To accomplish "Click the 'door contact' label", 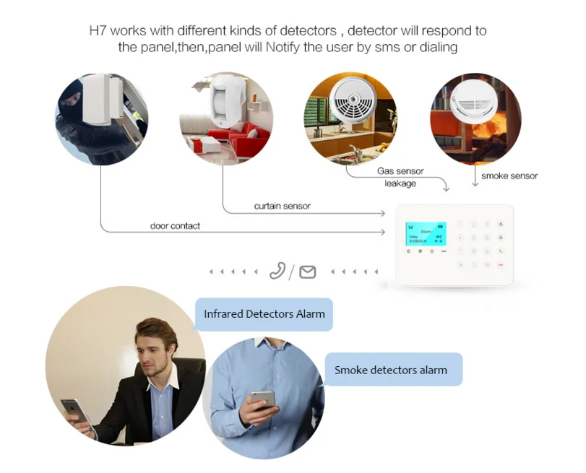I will click(175, 226).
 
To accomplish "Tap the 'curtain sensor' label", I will click(282, 206).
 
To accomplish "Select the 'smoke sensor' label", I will click(509, 175).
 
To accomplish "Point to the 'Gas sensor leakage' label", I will click(400, 177).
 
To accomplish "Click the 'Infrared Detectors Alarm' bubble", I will click(264, 314).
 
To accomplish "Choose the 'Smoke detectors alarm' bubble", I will click(390, 370).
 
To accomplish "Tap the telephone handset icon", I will click(277, 271).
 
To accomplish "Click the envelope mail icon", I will click(308, 272).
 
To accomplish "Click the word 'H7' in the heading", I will click(97, 31).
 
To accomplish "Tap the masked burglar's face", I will click(72, 101).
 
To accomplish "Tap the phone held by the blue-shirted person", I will click(262, 399).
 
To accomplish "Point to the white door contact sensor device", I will click(102, 97).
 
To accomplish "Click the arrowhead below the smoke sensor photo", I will click(475, 184).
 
